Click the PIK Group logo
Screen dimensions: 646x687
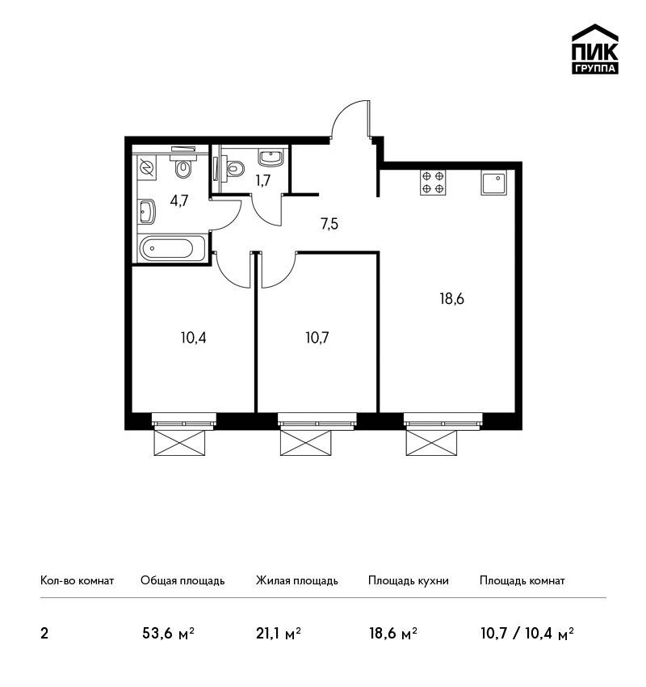(595, 48)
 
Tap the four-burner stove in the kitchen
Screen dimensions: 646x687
(434, 183)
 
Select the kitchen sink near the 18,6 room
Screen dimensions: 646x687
(494, 183)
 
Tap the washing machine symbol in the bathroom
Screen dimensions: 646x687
(145, 168)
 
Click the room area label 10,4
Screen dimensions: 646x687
(194, 338)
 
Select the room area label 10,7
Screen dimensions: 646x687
(317, 338)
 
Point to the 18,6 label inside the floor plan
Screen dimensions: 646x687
(451, 299)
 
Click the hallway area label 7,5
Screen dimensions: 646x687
(329, 225)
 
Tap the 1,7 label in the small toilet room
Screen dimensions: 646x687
(263, 180)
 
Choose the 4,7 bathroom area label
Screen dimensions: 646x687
(179, 200)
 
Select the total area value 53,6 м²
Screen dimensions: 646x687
(168, 633)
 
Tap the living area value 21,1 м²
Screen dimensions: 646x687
(279, 633)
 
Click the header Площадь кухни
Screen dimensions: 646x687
(409, 580)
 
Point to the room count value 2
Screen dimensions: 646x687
(44, 634)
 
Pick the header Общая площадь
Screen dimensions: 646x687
(182, 580)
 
